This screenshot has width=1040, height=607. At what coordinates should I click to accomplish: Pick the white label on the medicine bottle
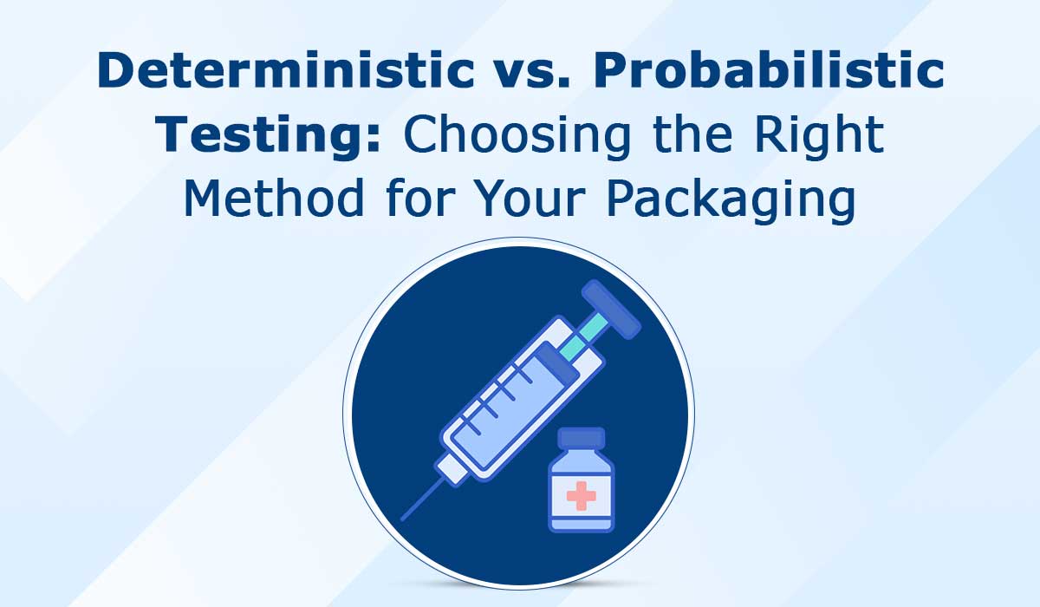pos(581,494)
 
